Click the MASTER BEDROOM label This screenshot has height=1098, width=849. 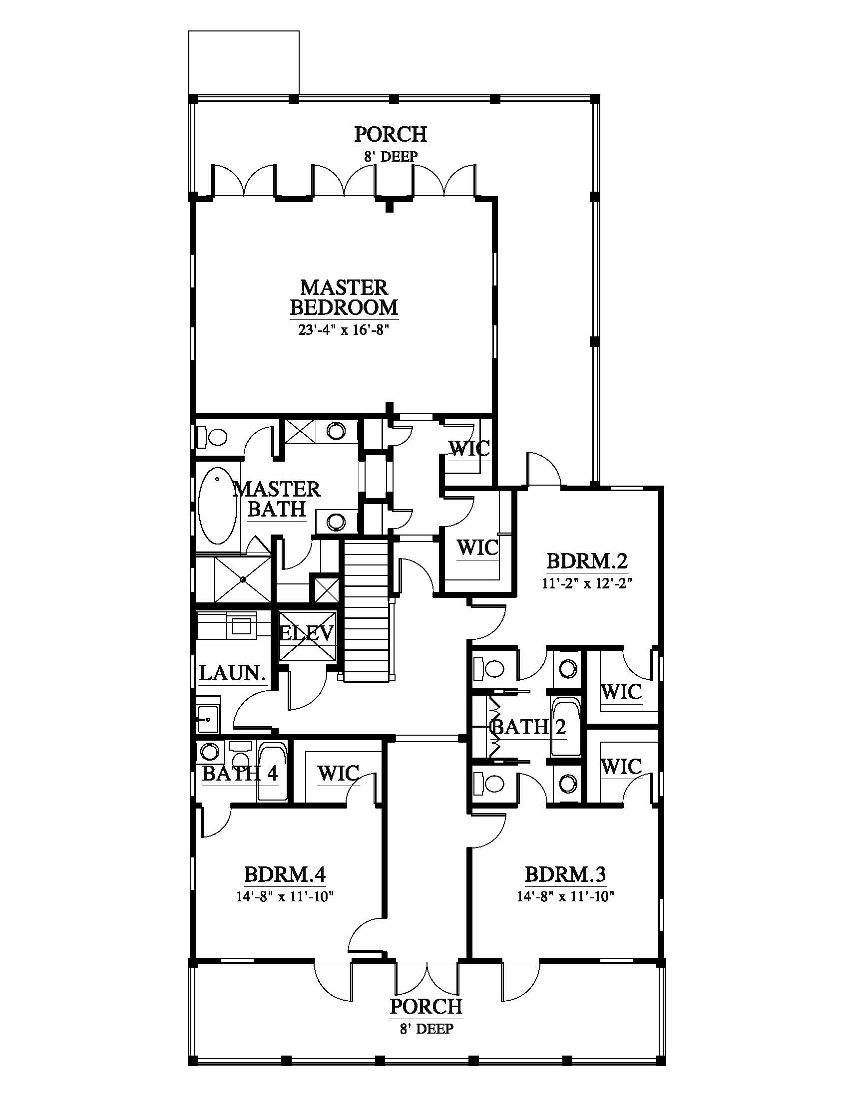[x=344, y=297]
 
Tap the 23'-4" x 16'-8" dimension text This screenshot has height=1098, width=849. [x=344, y=331]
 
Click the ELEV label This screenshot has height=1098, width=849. [x=306, y=633]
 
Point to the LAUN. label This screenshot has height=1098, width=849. [x=232, y=673]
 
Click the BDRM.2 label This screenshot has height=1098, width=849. [x=587, y=560]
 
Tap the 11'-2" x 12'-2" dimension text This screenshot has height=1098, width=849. [x=587, y=583]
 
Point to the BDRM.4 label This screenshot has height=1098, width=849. [x=285, y=875]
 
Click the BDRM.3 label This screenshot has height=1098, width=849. [x=565, y=875]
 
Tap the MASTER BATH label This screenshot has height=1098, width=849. [x=277, y=499]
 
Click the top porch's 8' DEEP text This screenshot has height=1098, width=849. [x=391, y=156]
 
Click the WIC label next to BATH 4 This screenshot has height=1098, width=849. [x=339, y=773]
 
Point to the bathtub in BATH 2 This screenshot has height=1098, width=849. [x=566, y=728]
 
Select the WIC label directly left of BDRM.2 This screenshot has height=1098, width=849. [x=478, y=547]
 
